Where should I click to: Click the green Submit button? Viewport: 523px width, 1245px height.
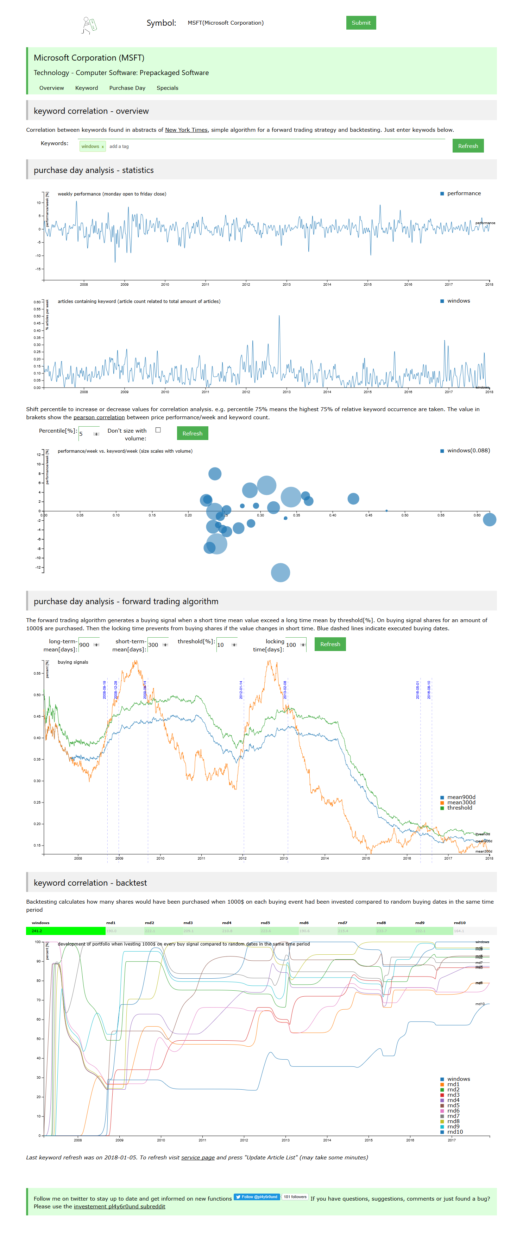[x=360, y=23]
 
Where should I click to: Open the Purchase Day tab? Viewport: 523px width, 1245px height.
[x=127, y=88]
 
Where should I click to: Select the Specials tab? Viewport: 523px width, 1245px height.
[x=167, y=88]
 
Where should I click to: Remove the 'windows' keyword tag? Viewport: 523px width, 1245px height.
[x=103, y=147]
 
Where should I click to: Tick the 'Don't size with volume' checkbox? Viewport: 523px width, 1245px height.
[x=158, y=430]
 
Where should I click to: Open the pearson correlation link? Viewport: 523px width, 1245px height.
[x=99, y=417]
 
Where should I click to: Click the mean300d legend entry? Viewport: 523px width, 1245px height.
[x=460, y=802]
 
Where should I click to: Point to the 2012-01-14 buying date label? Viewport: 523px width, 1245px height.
[x=241, y=690]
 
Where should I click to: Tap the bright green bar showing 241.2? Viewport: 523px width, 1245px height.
[x=65, y=931]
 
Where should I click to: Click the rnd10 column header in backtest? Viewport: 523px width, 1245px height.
[x=459, y=923]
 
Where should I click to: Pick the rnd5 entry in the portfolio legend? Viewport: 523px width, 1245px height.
[x=453, y=1105]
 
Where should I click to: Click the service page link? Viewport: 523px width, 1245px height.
[x=197, y=1158]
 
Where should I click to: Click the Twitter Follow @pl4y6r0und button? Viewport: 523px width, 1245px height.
[x=257, y=1197]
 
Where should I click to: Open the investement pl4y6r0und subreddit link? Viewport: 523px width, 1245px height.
[x=119, y=1206]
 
